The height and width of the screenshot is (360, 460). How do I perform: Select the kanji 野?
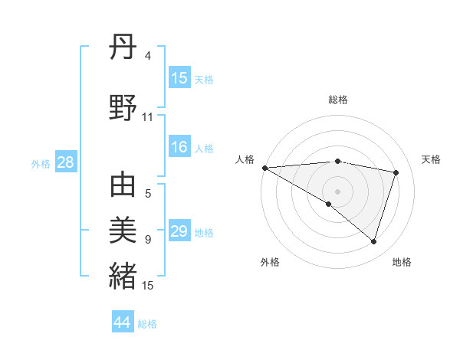pos(123,108)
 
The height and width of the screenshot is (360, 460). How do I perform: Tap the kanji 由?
pos(123,186)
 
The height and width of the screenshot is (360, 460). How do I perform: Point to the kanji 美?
pos(123,229)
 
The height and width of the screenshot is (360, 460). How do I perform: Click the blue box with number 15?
pos(179,78)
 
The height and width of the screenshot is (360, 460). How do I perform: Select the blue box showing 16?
pos(179,148)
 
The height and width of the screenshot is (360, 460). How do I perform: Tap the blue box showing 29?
pos(179,232)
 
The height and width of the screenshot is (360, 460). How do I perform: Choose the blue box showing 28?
pos(65,162)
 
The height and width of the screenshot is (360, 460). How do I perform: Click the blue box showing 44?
pos(123,322)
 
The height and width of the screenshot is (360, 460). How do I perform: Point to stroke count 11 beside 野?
pos(148,117)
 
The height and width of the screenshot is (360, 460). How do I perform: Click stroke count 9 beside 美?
pos(148,240)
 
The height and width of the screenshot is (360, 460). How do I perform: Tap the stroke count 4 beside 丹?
pos(148,56)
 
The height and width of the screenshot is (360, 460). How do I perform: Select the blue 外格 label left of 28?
pos(41,163)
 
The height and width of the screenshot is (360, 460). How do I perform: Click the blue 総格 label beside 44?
pos(147,324)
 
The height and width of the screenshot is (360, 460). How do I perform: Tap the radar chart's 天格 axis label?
pos(432,159)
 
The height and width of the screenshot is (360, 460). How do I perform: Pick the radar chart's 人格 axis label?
pos(245,159)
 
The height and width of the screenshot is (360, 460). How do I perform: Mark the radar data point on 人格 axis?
pos(264,168)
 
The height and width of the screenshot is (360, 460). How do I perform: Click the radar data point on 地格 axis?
pos(373,241)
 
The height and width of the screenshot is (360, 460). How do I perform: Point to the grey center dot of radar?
pos(337,190)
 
